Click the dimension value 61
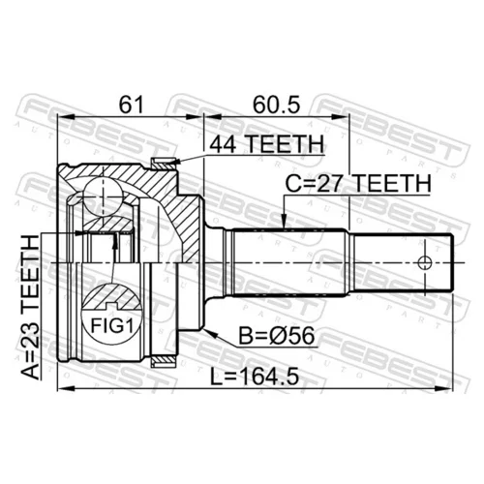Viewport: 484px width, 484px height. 131,105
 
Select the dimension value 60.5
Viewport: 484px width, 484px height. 276,105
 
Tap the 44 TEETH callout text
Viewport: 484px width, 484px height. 266,144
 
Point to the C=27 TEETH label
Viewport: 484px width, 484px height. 358,184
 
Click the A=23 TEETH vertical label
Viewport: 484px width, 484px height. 30,307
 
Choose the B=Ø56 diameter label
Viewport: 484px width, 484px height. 276,336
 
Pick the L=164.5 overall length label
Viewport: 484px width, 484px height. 255,377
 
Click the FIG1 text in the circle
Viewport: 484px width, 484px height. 112,325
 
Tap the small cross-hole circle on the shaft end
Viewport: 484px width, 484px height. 425,263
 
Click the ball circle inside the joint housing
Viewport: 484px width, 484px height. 104,196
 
